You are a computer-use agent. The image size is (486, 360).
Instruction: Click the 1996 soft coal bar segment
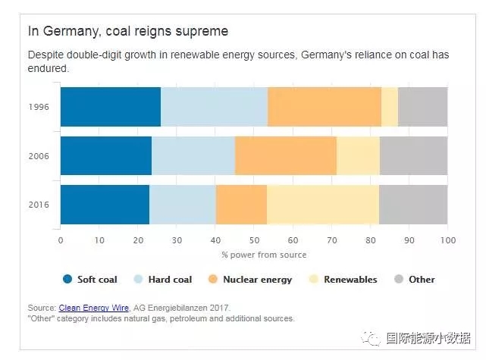tap(110, 106)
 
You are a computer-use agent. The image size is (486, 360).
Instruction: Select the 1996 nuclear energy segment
tap(325, 106)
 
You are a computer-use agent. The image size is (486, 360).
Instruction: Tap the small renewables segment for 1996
tap(390, 106)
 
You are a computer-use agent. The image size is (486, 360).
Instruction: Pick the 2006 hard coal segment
tap(193, 155)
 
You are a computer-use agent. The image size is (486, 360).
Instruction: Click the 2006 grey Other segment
tap(413, 155)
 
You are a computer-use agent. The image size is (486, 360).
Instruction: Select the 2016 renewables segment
tap(323, 205)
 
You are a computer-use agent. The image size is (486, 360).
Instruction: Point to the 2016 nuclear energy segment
tap(241, 205)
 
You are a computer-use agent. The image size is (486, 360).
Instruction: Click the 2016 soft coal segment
tap(105, 205)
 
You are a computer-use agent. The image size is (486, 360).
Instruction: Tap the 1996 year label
tap(39, 107)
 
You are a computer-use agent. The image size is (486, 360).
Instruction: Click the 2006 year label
tap(39, 156)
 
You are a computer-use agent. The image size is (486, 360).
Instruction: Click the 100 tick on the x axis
tap(447, 240)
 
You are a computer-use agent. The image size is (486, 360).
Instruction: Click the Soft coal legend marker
tap(67, 279)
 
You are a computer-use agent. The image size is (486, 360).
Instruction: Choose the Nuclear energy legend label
tap(257, 280)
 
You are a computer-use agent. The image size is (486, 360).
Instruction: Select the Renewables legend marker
tap(314, 279)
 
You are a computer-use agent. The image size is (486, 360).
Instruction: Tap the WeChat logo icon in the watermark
tap(372, 338)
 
